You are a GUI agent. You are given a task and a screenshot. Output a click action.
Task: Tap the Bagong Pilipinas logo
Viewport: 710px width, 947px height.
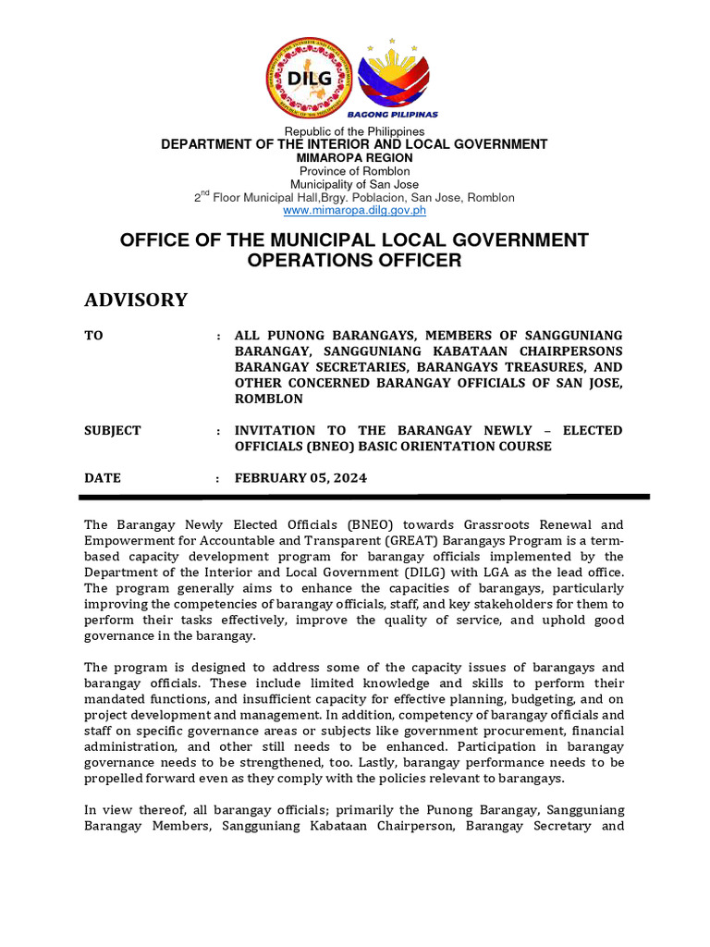pyautogui.click(x=398, y=79)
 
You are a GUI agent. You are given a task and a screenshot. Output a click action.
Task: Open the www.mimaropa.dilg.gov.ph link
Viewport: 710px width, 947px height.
pyautogui.click(x=354, y=211)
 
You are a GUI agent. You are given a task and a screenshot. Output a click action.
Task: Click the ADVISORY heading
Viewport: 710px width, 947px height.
pyautogui.click(x=136, y=300)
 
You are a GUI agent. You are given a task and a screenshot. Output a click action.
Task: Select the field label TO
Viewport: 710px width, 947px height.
pyautogui.click(x=93, y=336)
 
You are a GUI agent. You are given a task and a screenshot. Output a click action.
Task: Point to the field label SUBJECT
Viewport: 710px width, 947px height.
pyautogui.click(x=113, y=431)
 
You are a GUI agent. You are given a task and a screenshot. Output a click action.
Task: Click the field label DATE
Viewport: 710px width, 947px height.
pyautogui.click(x=103, y=478)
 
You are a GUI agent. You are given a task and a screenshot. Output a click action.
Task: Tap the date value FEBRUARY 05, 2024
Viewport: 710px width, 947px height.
pyautogui.click(x=300, y=478)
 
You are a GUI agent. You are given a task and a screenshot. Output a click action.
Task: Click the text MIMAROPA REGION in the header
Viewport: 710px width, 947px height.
pyautogui.click(x=354, y=158)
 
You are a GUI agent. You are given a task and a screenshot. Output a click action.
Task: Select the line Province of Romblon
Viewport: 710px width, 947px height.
pyautogui.click(x=354, y=171)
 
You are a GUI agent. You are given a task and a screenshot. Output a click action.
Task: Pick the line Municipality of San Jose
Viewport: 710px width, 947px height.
pyautogui.click(x=354, y=184)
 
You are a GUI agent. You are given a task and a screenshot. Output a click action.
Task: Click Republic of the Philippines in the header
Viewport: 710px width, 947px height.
pyautogui.click(x=354, y=132)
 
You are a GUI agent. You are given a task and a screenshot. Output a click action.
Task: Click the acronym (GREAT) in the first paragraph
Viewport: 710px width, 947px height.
pyautogui.click(x=349, y=540)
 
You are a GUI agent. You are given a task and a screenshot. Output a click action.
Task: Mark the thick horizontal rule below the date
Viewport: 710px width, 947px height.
pyautogui.click(x=367, y=497)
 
